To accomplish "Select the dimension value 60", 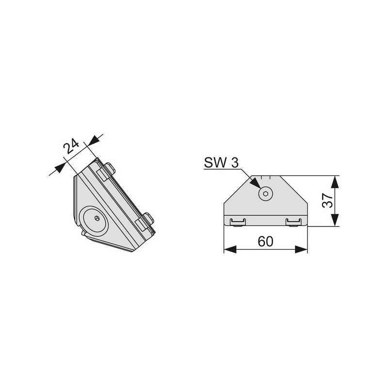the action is (x=265, y=241).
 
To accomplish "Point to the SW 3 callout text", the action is (x=221, y=162).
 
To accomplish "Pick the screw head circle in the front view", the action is (x=265, y=194).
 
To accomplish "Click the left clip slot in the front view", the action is (x=238, y=222).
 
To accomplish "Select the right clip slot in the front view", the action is (x=293, y=222).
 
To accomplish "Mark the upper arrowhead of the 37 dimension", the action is (x=335, y=181).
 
